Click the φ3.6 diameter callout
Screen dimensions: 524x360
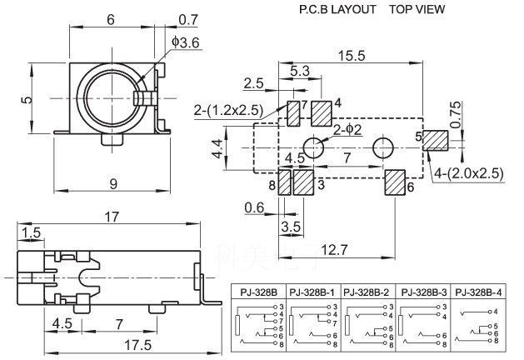click(186, 42)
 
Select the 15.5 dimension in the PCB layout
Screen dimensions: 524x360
click(352, 56)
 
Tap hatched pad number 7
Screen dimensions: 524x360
click(293, 113)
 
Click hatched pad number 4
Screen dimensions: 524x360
click(322, 113)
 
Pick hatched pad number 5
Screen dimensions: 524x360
click(435, 141)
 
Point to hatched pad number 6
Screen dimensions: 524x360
click(395, 182)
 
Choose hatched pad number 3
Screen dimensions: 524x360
click(303, 182)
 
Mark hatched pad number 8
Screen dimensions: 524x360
click(285, 182)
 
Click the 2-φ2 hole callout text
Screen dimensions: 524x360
click(347, 130)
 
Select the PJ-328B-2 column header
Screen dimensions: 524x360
click(367, 292)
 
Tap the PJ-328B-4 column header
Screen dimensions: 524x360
click(478, 292)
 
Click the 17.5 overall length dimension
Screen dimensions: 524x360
click(138, 345)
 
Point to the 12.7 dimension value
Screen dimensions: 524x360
click(334, 250)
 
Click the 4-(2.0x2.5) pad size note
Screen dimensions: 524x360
click(468, 173)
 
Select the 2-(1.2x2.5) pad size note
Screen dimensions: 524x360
click(228, 110)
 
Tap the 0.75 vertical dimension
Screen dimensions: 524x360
click(455, 115)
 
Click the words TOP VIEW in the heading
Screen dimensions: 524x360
click(417, 9)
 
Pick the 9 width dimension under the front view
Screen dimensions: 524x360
click(113, 184)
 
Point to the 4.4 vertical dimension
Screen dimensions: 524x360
click(217, 148)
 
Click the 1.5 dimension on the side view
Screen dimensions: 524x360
click(31, 233)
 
